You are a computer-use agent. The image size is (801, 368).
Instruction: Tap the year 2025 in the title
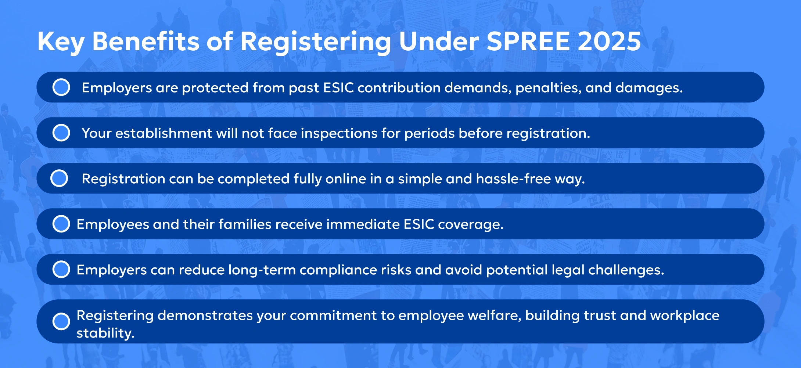coord(609,41)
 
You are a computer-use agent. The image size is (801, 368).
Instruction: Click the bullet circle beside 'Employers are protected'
coord(61,87)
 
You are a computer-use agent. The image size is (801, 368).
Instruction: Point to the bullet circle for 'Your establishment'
coord(61,133)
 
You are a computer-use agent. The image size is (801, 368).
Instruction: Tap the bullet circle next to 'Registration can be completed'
coord(59,178)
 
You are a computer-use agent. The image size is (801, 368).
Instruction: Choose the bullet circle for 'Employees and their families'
coord(61,224)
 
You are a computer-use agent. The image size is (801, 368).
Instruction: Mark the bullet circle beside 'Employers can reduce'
coord(61,269)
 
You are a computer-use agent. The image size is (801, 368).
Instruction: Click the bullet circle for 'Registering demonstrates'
coord(61,321)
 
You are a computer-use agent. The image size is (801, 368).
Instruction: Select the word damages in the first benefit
coord(649,89)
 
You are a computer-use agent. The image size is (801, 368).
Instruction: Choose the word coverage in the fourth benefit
coord(471,225)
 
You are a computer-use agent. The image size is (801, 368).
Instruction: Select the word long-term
coord(262,270)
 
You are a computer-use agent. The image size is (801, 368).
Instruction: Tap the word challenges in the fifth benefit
coord(626,270)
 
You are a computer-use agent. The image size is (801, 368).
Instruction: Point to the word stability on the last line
coord(105,333)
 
